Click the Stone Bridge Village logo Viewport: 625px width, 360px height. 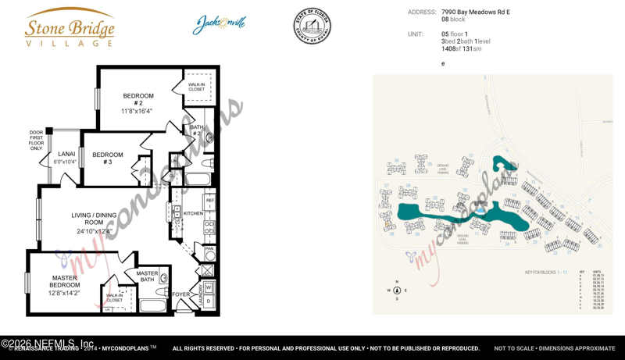[70, 28]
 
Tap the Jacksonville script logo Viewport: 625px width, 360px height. [220, 25]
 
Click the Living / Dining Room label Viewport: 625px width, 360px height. [98, 223]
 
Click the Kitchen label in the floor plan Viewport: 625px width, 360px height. [193, 213]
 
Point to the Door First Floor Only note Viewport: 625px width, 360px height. [36, 141]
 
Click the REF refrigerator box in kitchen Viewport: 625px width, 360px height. [209, 201]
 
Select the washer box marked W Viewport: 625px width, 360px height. [209, 288]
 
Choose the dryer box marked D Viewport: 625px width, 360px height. [209, 301]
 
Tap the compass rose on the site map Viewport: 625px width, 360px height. [397, 290]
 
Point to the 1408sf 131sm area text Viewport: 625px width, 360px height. [461, 49]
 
